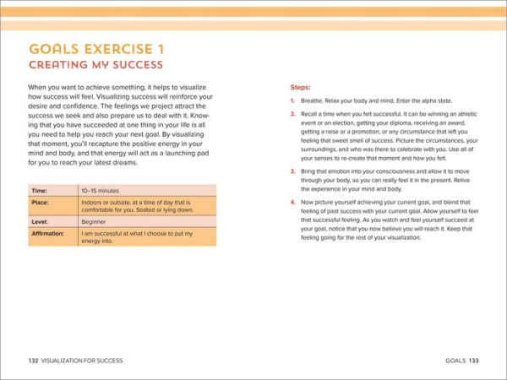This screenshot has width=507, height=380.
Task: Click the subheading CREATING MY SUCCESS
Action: (x=95, y=64)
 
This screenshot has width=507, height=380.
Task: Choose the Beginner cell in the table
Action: (x=95, y=221)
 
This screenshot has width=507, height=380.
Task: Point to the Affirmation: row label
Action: (x=49, y=233)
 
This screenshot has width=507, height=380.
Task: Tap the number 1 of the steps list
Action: (x=292, y=100)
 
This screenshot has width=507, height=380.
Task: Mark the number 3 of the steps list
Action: (x=292, y=171)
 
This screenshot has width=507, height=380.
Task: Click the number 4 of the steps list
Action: (x=292, y=202)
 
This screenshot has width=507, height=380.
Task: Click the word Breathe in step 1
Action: (x=313, y=100)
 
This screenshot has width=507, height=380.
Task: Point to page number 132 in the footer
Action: (x=33, y=361)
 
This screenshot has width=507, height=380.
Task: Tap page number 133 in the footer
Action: (x=474, y=361)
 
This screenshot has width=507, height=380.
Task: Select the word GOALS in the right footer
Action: (x=455, y=361)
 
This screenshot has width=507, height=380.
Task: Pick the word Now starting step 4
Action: (x=308, y=202)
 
